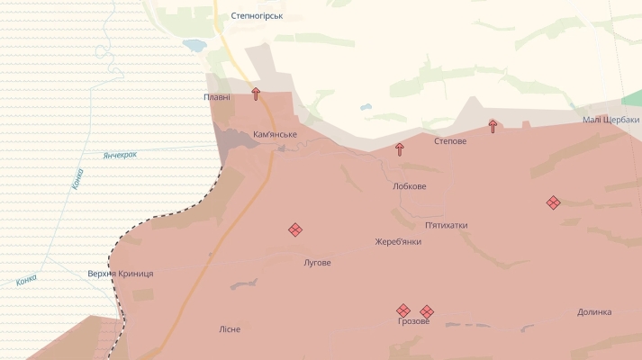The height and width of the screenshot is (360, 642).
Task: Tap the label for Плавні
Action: click(x=217, y=97)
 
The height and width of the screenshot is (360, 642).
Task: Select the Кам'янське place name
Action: click(x=275, y=134)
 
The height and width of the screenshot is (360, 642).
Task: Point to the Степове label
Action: click(x=450, y=141)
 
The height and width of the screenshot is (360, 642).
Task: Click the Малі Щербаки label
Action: click(x=610, y=120)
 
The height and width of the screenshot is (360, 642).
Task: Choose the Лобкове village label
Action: click(x=410, y=186)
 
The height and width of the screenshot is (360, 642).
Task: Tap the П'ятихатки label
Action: click(x=447, y=225)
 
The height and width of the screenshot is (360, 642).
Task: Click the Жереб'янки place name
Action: click(x=398, y=241)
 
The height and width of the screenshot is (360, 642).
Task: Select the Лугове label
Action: click(x=317, y=263)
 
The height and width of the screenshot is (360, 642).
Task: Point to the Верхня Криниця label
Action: click(x=121, y=274)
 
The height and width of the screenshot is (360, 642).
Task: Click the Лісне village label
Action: click(x=230, y=329)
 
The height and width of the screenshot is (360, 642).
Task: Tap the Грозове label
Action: click(x=414, y=321)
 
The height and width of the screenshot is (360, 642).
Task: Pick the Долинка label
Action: click(x=594, y=312)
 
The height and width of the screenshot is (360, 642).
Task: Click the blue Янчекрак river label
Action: click(x=120, y=155)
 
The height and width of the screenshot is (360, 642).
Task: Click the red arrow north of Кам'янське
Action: click(x=256, y=94)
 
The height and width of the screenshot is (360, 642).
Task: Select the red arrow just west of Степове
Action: click(x=400, y=149)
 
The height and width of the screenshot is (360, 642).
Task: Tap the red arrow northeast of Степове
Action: click(x=493, y=126)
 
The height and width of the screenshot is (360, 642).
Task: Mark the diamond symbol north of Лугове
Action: click(x=295, y=229)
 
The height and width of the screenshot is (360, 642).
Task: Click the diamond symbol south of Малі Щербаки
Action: click(x=554, y=202)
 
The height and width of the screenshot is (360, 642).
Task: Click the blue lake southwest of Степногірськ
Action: click(x=194, y=44)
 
